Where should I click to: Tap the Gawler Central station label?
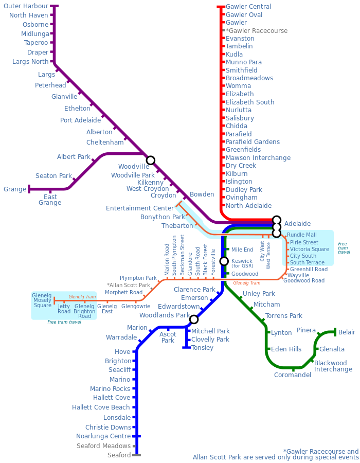point(248,7)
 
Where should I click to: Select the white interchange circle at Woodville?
point(150,161)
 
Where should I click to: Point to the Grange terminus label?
point(15,189)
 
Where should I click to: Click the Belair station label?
point(347,332)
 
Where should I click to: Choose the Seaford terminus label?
point(119,455)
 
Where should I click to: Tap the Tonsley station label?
point(202,348)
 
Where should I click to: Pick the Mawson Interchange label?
point(258,158)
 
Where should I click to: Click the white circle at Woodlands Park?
point(193,319)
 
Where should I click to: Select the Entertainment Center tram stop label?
point(140,208)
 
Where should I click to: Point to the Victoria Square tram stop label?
point(309,250)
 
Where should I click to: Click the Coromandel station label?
point(293,375)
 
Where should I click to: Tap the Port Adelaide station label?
point(81,120)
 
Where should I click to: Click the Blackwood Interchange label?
point(333,366)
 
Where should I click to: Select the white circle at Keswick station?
point(224,261)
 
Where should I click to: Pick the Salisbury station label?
point(240,118)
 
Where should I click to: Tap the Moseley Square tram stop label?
point(42,300)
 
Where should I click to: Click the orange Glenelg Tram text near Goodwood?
point(247,283)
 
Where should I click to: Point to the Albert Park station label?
point(74,157)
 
